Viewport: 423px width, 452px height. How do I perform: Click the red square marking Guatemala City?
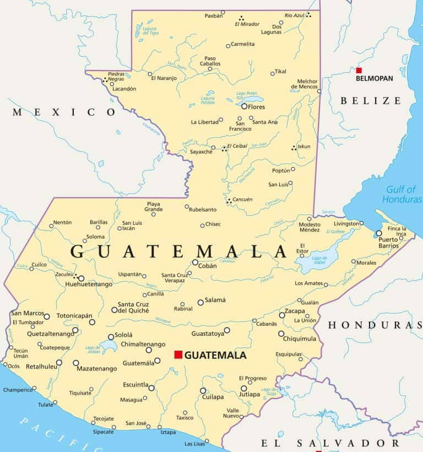[178, 354]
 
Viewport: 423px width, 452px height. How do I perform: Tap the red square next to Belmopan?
[359, 70]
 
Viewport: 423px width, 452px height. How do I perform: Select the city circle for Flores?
[244, 106]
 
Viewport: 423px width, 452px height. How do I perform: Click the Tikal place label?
[280, 71]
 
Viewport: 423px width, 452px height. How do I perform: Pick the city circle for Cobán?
[195, 262]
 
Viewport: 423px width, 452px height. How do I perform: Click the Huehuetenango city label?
[89, 284]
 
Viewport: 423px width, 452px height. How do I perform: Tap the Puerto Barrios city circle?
[378, 233]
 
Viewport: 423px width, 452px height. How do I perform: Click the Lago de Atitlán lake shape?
[109, 347]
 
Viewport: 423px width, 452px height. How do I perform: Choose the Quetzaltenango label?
[42, 333]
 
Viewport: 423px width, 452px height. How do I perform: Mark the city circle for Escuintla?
[151, 388]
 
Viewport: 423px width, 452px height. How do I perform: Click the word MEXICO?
[64, 112]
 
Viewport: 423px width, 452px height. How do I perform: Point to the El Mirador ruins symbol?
[241, 18]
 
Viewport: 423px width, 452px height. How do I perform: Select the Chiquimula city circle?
[281, 333]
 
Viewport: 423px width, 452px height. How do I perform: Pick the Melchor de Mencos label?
[307, 83]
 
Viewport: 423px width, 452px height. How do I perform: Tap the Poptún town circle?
[293, 169]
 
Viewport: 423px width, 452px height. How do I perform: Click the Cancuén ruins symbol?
[229, 202]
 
